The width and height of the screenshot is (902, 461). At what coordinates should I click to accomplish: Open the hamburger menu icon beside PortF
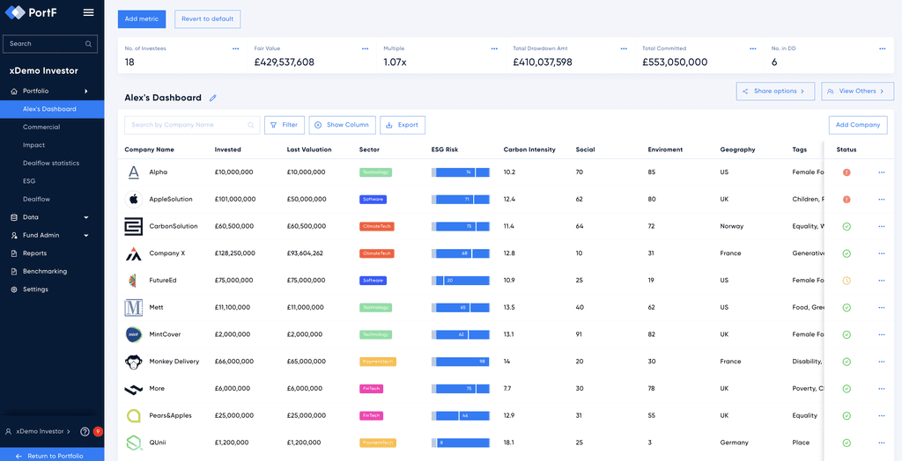point(88,12)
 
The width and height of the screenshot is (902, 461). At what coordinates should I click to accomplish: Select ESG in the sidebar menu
point(29,181)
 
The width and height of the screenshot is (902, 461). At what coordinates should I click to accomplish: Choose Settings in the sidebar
point(35,289)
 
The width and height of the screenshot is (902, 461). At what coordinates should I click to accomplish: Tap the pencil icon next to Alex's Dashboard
point(213,98)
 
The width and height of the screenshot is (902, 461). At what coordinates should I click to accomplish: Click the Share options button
point(775,91)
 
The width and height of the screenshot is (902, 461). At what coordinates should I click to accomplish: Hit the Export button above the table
point(403,125)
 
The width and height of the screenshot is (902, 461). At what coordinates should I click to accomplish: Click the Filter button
point(285,125)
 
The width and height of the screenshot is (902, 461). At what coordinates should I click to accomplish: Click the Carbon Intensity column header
point(529,150)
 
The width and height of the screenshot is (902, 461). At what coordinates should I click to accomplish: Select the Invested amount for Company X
point(235,253)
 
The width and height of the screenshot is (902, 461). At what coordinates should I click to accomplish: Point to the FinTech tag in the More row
point(371,389)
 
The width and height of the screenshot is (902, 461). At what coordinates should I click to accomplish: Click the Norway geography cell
point(731,226)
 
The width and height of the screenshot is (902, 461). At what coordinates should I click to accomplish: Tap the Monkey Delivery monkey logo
point(133,362)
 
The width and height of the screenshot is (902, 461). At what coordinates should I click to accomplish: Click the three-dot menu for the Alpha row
point(881,172)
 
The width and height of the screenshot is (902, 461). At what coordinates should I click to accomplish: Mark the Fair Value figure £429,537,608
point(284,62)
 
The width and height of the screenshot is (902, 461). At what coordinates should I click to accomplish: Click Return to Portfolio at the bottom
point(55,456)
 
